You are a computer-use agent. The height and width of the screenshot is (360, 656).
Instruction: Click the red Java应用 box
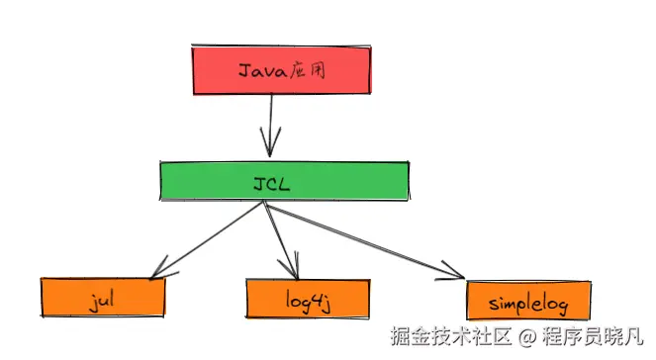click(x=281, y=70)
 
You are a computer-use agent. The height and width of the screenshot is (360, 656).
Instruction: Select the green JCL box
click(x=284, y=181)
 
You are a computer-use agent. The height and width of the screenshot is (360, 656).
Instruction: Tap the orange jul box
click(x=102, y=296)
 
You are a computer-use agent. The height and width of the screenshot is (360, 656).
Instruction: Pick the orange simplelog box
click(x=528, y=299)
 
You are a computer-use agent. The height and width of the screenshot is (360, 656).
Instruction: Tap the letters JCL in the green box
click(x=280, y=181)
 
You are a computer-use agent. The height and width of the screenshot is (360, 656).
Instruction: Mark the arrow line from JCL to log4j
click(x=279, y=237)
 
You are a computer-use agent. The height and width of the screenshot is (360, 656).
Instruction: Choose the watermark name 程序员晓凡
click(x=595, y=338)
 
